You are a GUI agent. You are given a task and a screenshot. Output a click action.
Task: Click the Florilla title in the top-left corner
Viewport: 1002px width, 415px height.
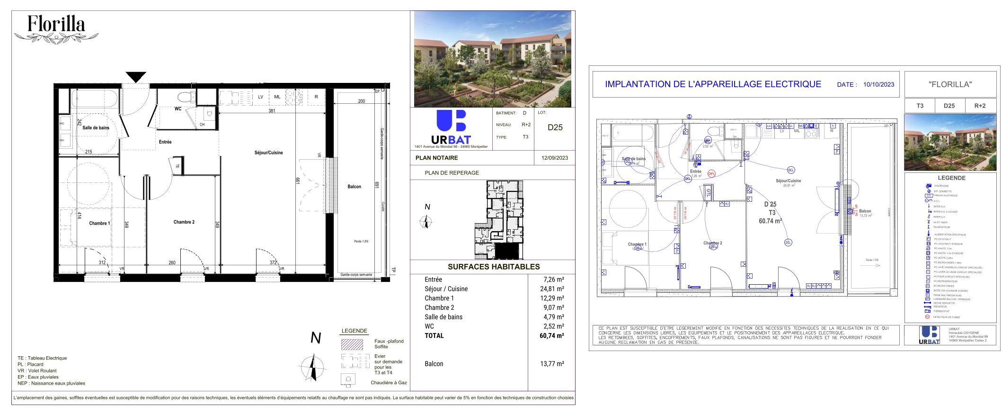(56, 24)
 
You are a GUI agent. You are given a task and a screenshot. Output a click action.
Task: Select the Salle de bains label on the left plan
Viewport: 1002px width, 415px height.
(96, 128)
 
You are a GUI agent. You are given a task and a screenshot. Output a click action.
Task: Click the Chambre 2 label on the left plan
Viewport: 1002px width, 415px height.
(184, 222)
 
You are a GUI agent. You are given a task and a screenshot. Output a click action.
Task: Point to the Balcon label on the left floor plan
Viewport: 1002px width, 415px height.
(354, 187)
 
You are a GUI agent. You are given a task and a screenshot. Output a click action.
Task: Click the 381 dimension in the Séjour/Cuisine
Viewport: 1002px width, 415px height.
(272, 111)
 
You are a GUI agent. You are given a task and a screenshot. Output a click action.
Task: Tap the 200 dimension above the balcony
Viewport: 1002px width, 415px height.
(361, 101)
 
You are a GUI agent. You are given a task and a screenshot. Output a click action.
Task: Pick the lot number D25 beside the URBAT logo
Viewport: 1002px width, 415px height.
(555, 127)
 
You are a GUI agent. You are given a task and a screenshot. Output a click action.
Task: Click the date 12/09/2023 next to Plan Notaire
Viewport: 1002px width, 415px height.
(554, 158)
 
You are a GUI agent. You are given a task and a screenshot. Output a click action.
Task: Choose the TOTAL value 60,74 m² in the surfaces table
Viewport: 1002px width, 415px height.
(551, 336)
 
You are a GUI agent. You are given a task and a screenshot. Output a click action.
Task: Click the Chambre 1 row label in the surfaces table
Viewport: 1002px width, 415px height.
(439, 298)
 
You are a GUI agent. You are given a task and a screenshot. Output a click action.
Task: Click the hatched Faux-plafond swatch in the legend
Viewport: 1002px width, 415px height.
(352, 344)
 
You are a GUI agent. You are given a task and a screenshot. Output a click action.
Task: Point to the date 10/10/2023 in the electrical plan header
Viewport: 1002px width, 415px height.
(878, 84)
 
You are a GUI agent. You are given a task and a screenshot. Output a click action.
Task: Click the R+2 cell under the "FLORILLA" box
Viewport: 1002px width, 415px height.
(979, 106)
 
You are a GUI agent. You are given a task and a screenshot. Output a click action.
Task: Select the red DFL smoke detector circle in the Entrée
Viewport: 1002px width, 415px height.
(711, 174)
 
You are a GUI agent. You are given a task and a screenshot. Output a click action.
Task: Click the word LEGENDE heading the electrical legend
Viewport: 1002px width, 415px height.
(951, 178)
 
